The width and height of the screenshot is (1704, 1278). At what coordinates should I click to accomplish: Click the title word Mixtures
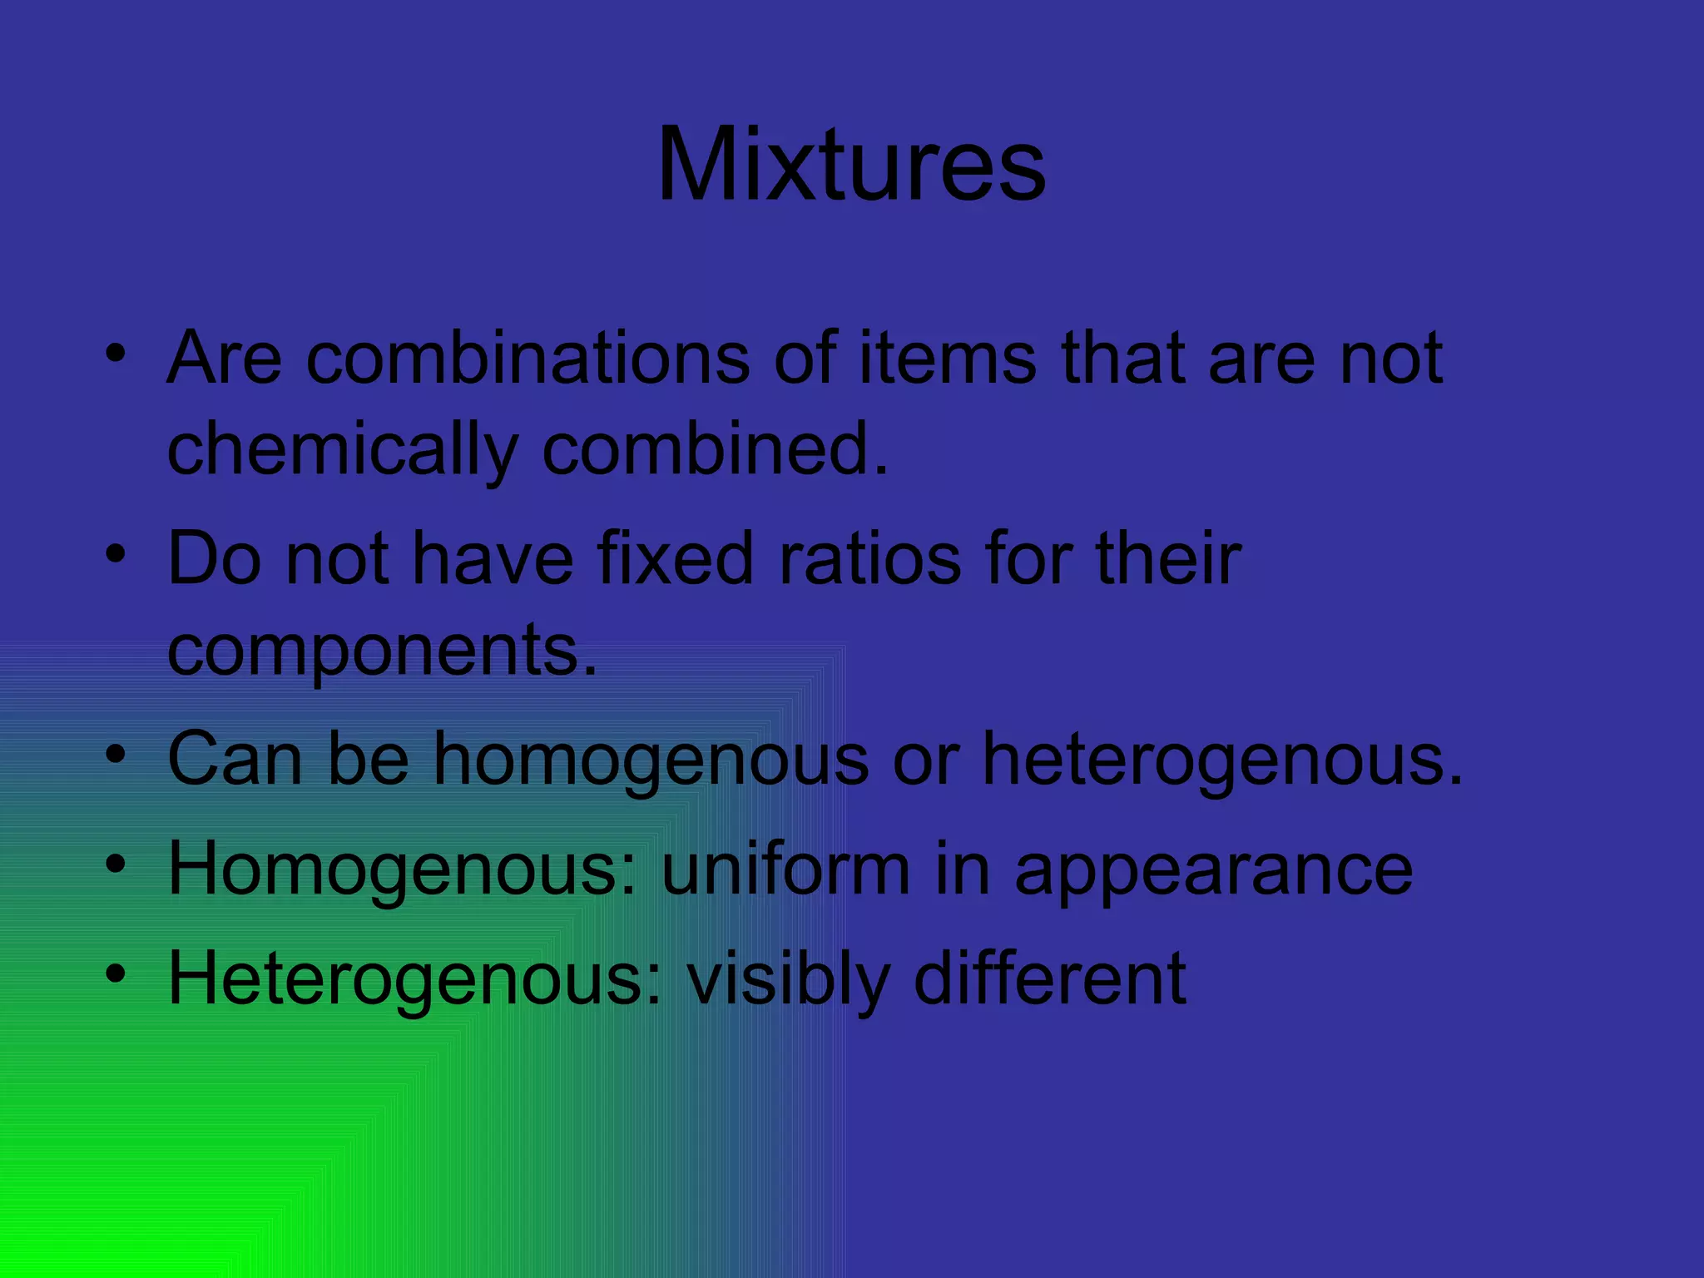coord(851,164)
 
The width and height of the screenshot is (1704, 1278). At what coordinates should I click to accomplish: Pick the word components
coord(382,651)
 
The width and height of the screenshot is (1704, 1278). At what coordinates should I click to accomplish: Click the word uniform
coord(786,869)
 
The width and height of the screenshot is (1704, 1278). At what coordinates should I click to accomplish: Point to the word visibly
coord(787,980)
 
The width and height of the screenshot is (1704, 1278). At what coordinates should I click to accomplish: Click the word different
coord(1050,978)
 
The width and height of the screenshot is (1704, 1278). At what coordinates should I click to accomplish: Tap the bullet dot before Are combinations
coord(116,353)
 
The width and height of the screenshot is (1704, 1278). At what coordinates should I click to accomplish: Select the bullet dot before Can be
coord(116,754)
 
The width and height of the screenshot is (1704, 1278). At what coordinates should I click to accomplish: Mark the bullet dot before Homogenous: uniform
coord(116,864)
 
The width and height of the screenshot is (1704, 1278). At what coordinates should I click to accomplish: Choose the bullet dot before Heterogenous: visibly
coord(116,973)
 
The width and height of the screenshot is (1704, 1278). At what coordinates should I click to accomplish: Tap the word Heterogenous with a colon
coord(415,980)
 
